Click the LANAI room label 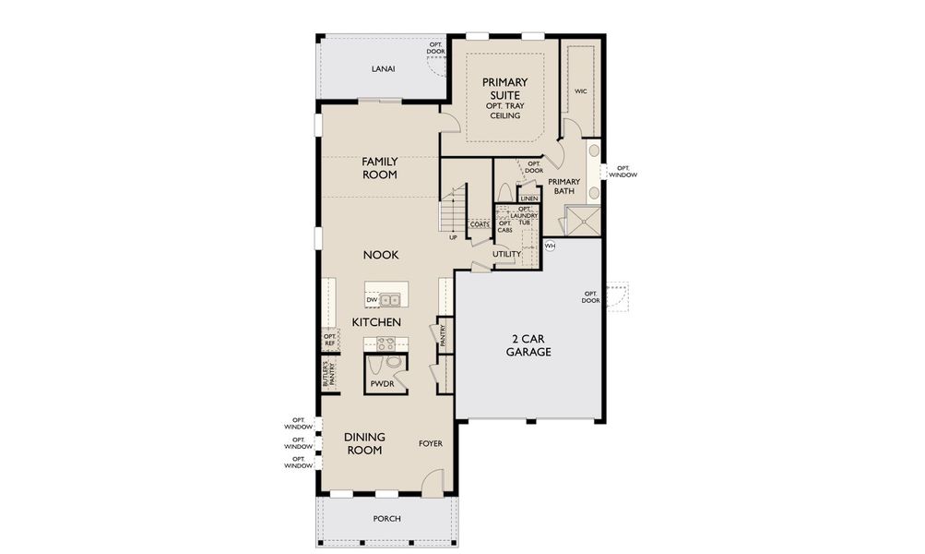click(x=384, y=68)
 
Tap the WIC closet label click(x=581, y=91)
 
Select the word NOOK click(x=379, y=254)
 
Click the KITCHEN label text click(x=376, y=322)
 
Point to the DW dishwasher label click(x=371, y=300)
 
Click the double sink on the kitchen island click(x=391, y=300)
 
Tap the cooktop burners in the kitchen click(x=385, y=343)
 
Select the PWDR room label click(x=382, y=382)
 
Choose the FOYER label click(x=431, y=443)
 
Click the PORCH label click(x=386, y=519)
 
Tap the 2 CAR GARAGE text click(x=528, y=344)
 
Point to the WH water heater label click(x=550, y=246)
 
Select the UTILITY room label click(x=506, y=254)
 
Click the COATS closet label click(x=480, y=224)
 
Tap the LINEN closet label click(x=528, y=199)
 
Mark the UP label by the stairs click(x=453, y=237)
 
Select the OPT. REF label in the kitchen click(x=329, y=340)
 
